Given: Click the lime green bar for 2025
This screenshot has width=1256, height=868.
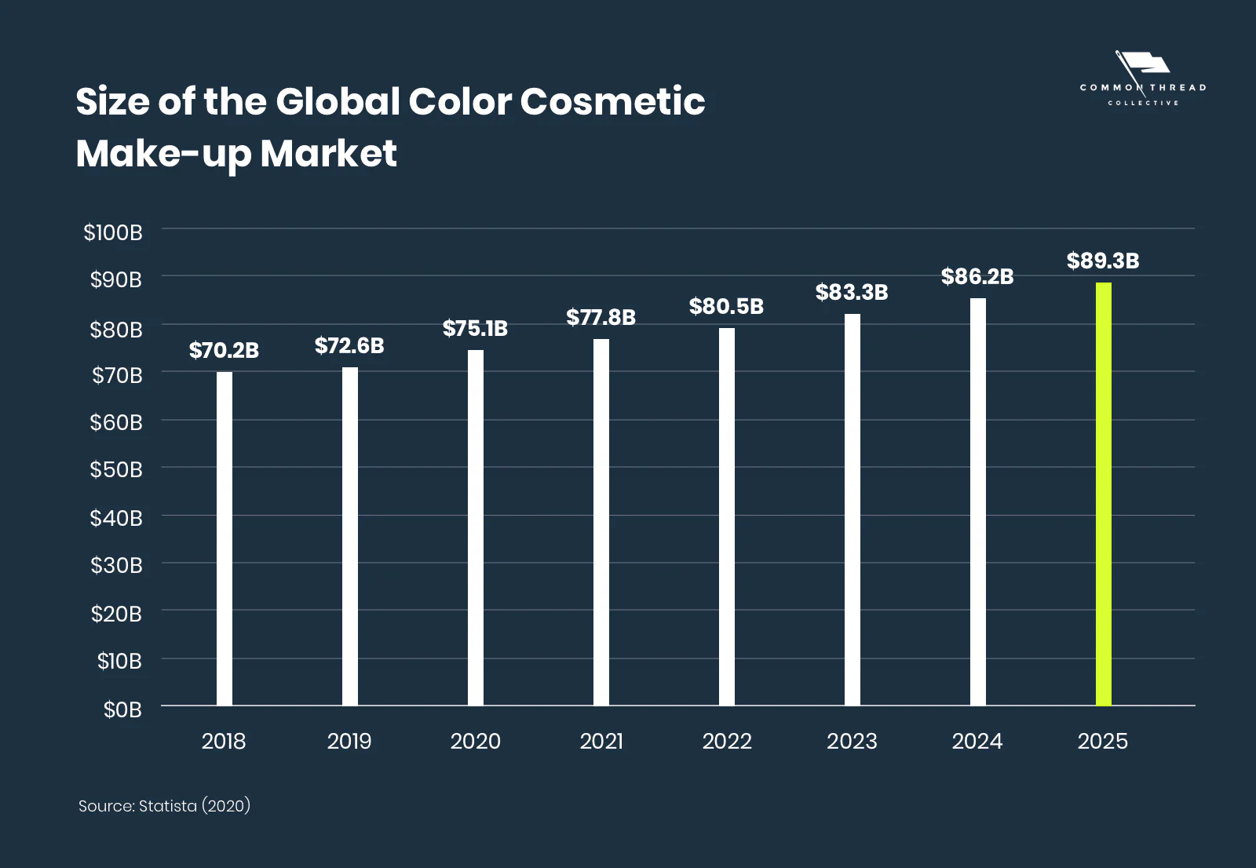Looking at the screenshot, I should coord(1103,494).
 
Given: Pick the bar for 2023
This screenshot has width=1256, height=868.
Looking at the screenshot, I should coord(853,510).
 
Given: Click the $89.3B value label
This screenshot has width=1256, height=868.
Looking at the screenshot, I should coord(1102,261).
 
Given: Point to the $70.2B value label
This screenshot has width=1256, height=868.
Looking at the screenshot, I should coord(224,350).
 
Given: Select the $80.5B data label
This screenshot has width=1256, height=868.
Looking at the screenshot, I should coord(726,306).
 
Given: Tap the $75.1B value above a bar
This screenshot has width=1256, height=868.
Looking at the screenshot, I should coord(475,328).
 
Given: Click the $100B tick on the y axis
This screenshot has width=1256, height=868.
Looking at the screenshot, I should coord(113,232).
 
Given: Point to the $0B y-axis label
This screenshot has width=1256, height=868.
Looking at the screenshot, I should coord(122,709).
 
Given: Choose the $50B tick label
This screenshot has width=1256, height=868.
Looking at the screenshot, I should coord(116,469).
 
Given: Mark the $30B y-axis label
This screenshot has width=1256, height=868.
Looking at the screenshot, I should coord(116,565).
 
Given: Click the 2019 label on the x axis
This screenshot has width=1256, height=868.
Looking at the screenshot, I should coord(349,741).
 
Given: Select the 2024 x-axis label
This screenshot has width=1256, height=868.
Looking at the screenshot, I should coord(977,741).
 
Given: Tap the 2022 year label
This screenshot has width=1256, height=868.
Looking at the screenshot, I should coord(727,741).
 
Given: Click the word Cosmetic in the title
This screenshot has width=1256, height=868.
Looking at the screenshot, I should coord(612,102).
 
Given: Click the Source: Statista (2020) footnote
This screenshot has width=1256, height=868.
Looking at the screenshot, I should coord(164,806).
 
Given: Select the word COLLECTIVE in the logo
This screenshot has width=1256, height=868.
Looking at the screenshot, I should coord(1143,103).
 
